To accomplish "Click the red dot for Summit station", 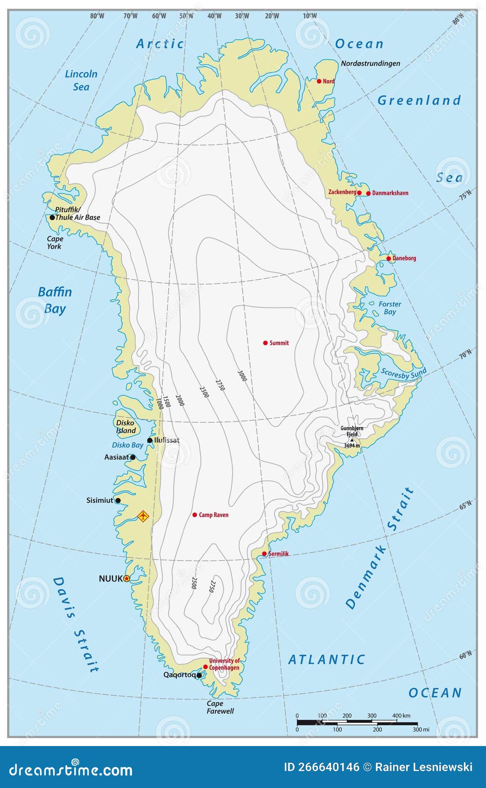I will point(265,343).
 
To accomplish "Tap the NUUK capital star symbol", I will point(127,579).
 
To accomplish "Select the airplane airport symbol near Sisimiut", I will point(143,516).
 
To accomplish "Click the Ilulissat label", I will point(167,440).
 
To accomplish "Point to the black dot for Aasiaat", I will point(133,457).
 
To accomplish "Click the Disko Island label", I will point(126,427).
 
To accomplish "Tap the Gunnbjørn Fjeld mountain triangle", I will point(352,440).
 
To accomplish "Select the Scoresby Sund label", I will point(403,373).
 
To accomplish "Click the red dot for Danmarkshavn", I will point(368,194).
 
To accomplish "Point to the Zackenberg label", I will point(342,192).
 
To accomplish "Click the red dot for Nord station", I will point(319,81).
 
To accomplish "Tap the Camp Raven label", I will point(213,515).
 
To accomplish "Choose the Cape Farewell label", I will point(220,707).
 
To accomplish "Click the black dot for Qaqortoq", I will point(199,675).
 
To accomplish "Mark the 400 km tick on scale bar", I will point(397,722).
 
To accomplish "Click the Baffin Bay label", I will point(55,300).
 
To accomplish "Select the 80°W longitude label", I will point(97,16).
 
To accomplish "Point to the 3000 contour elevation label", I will point(242,376).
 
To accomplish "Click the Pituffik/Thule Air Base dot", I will point(52,217).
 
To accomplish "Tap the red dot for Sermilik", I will point(264,554).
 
